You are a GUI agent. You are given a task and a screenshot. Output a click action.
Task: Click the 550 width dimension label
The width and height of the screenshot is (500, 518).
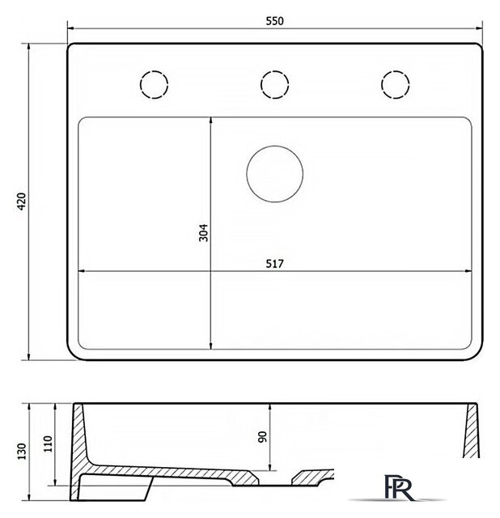tap(274, 21)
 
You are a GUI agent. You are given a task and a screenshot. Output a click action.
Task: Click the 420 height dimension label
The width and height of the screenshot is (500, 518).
tap(22, 202)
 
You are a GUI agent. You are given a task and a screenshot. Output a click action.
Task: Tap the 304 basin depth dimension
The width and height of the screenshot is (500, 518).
tap(204, 233)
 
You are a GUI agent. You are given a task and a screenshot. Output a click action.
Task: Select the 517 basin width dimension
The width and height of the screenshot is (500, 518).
tap(274, 264)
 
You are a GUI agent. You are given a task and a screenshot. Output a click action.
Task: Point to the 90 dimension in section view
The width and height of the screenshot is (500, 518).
tap(263, 437)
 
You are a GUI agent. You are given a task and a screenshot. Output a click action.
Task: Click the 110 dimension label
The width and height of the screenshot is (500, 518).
tap(49, 444)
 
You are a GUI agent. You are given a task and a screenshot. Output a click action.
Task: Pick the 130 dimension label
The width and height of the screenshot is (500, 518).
tap(22, 452)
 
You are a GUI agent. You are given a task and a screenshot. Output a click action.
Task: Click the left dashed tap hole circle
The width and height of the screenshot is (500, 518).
tap(154, 84)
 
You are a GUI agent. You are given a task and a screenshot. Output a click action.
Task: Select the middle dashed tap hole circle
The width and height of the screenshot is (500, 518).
tap(274, 84)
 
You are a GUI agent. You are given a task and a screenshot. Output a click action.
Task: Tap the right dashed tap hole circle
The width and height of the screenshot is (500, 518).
tap(396, 84)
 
